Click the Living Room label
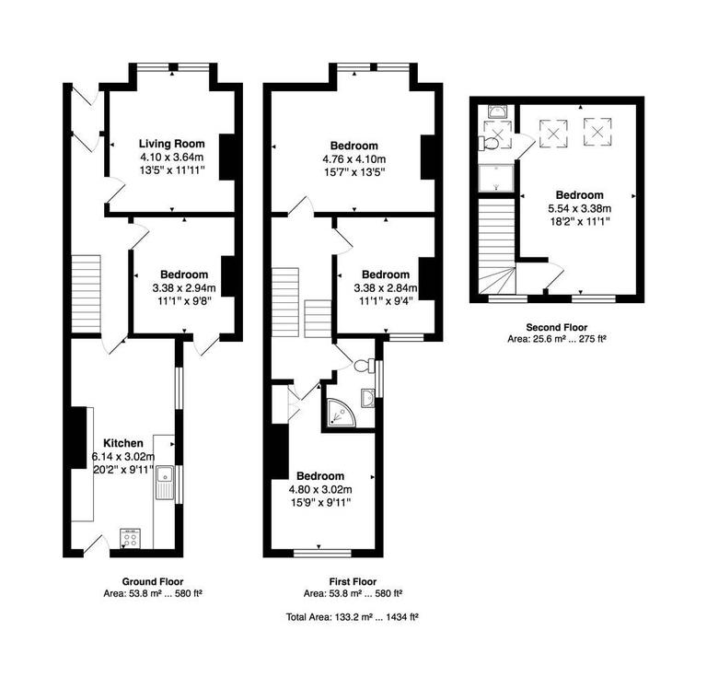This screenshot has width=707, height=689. point(171,144)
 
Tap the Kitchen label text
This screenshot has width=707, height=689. point(122,442)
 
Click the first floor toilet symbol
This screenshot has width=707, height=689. point(362,366)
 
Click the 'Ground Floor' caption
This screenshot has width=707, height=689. point(153,581)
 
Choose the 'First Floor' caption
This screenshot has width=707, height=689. point(352,581)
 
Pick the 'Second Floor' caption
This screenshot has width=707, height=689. point(557,327)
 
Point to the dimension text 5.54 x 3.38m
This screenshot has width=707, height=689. point(580,209)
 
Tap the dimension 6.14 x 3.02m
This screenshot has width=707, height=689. point(122,456)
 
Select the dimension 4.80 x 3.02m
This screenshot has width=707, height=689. point(319,489)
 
